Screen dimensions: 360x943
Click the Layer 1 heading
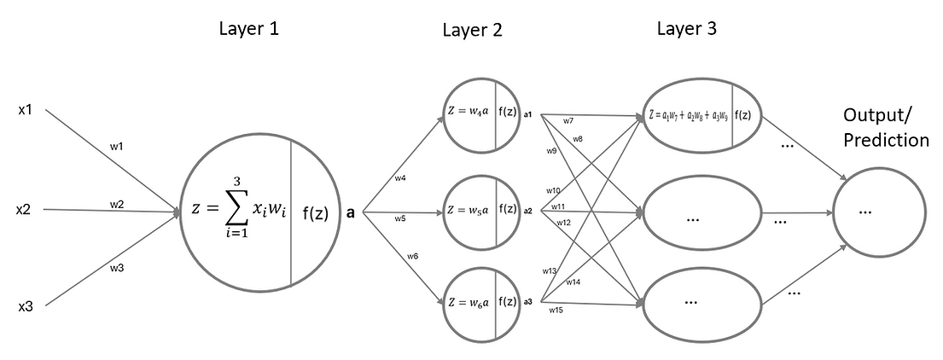coord(248,28)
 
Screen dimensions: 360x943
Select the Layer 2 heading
coord(472,31)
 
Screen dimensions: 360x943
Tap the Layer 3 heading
coord(686,28)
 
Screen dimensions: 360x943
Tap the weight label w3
coord(118,268)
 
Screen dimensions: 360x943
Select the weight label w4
coord(399,178)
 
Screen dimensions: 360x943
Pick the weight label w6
coord(412,255)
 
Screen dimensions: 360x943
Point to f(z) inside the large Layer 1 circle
coord(316,213)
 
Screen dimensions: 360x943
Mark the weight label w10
coord(553,190)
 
